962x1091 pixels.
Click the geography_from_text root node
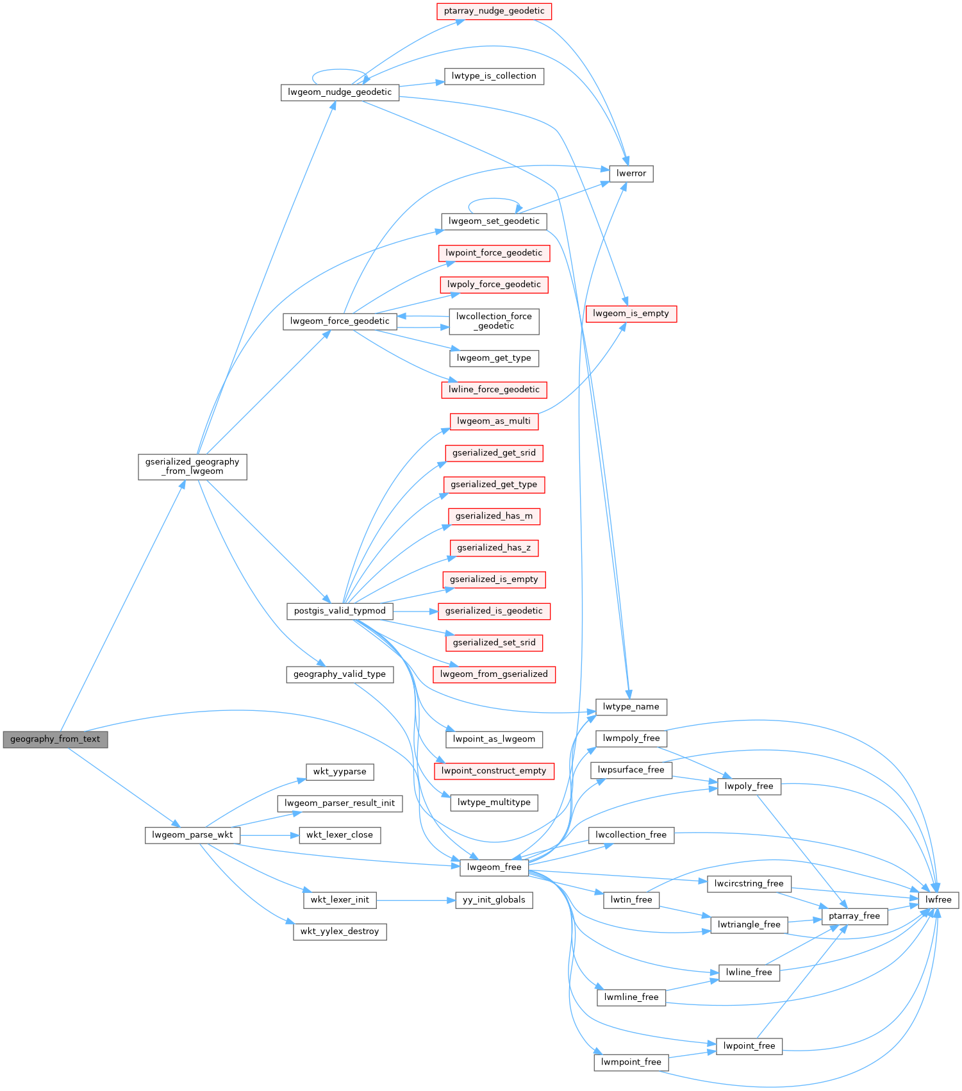55,739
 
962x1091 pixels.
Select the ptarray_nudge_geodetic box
493,11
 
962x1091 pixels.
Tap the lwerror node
631,174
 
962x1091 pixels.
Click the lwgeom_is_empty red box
631,313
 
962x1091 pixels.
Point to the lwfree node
938,900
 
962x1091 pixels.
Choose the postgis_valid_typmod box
340,611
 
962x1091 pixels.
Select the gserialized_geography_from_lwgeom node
192,467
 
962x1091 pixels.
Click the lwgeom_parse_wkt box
192,835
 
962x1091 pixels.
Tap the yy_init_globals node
493,900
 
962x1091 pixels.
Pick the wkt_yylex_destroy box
340,931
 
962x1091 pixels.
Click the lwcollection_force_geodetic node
493,321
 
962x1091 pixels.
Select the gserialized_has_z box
493,548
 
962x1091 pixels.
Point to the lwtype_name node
631,707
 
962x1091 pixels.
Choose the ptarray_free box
854,916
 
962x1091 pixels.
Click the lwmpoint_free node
631,1062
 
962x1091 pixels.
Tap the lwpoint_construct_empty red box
493,771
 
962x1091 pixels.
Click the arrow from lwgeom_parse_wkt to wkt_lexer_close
269,835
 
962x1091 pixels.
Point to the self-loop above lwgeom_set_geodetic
492,199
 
